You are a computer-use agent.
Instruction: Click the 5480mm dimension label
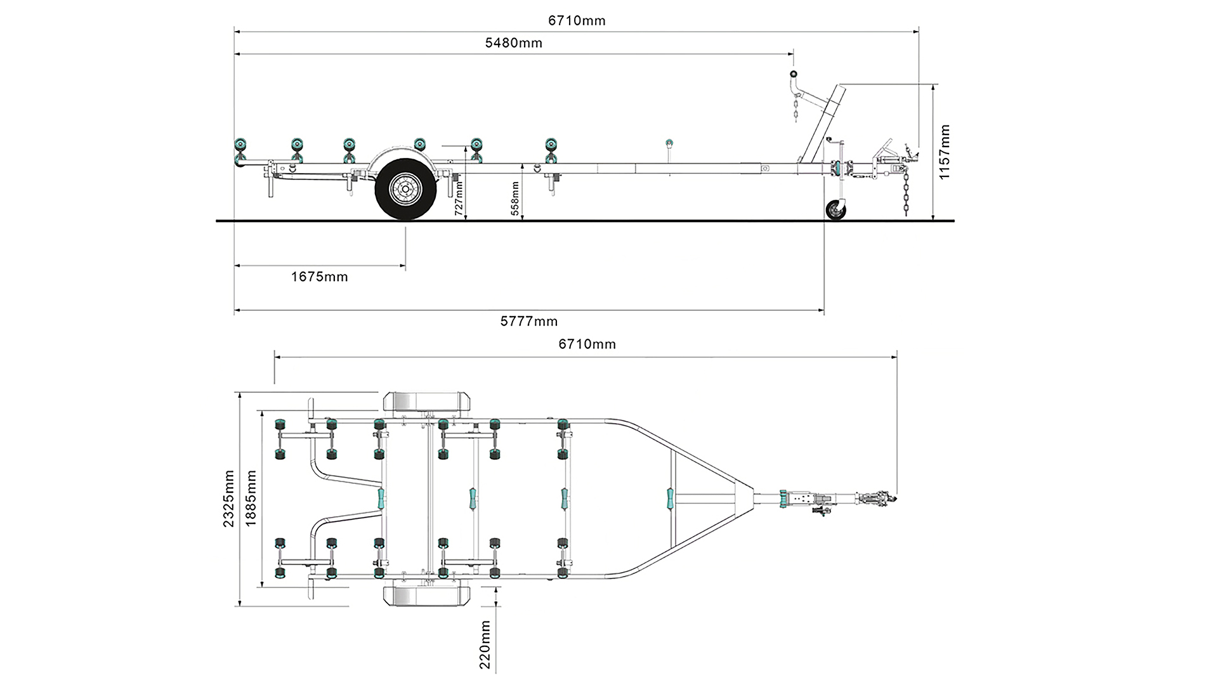pyautogui.click(x=513, y=43)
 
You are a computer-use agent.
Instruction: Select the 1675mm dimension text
pyautogui.click(x=319, y=277)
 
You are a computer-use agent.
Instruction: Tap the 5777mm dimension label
pyautogui.click(x=528, y=322)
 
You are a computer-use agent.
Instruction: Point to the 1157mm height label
pyautogui.click(x=945, y=152)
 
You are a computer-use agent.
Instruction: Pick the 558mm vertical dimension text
pyautogui.click(x=515, y=199)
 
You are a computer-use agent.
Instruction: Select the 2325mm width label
pyautogui.click(x=229, y=499)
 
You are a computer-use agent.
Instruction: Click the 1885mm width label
pyautogui.click(x=251, y=499)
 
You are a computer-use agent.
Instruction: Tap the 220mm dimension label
pyautogui.click(x=485, y=645)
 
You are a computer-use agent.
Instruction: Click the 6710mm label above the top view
pyautogui.click(x=587, y=344)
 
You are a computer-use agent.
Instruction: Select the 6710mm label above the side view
pyautogui.click(x=577, y=21)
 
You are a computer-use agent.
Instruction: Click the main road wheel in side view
pyautogui.click(x=405, y=188)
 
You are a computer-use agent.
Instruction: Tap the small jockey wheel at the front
pyautogui.click(x=836, y=211)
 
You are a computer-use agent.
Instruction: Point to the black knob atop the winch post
pyautogui.click(x=793, y=74)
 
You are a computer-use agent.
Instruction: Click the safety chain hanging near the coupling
pyautogui.click(x=905, y=197)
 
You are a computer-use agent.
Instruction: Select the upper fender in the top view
pyautogui.click(x=426, y=402)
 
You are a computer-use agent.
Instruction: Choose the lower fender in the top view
pyautogui.click(x=426, y=596)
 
